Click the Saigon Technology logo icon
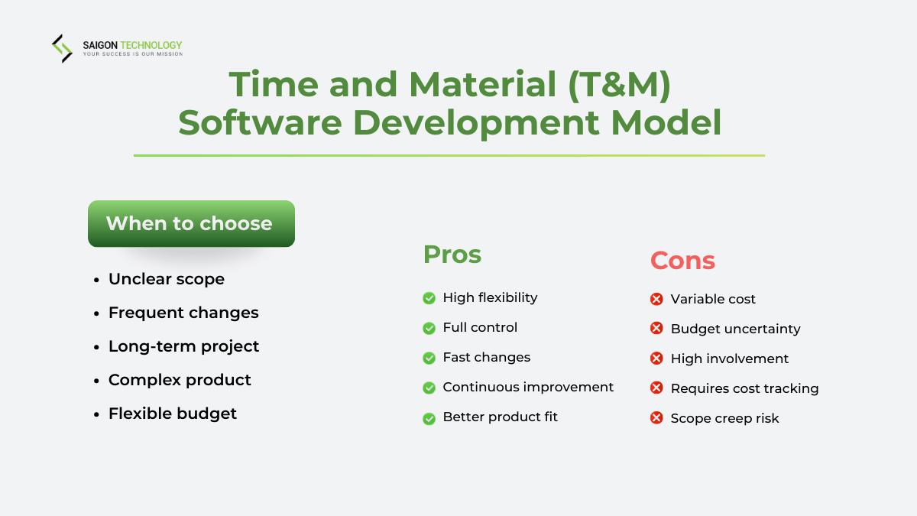(62, 48)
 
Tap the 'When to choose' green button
(191, 223)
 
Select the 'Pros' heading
(452, 255)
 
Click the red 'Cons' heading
(682, 261)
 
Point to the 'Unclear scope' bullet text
(166, 279)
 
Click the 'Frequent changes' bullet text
(183, 313)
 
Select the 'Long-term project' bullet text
(183, 346)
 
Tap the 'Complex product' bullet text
(180, 380)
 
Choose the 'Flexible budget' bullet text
(173, 414)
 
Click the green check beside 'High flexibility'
(429, 298)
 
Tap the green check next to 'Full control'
(429, 328)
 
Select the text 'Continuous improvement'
(528, 387)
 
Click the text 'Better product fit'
(501, 417)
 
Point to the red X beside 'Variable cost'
(656, 299)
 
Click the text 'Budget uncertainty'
(735, 329)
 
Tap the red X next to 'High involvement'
(656, 359)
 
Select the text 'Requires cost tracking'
(744, 388)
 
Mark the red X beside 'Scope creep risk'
(656, 418)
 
